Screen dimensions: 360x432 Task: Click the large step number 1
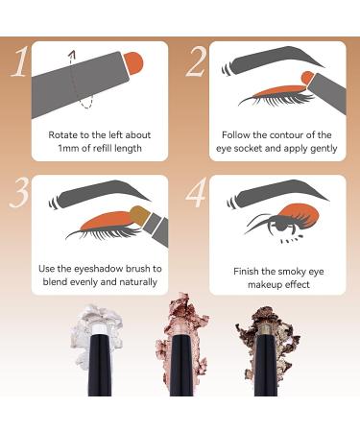tap(20, 62)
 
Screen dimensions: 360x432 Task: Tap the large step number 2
tap(196, 62)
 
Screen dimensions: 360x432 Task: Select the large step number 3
tap(21, 192)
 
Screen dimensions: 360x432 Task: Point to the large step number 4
tap(197, 193)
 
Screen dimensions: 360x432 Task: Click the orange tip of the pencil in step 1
tap(133, 63)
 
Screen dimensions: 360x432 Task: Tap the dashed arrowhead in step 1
tap(73, 54)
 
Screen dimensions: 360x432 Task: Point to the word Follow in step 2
tap(236, 134)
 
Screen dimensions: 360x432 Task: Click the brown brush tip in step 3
tap(138, 214)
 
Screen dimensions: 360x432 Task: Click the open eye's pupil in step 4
tap(280, 226)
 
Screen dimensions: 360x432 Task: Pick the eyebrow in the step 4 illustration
tap(277, 195)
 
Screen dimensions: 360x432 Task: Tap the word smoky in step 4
tap(291, 272)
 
